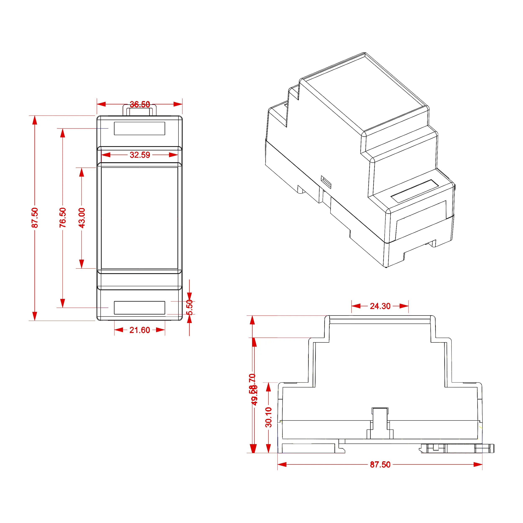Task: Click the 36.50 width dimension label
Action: coord(140,104)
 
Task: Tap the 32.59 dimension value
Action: coord(140,155)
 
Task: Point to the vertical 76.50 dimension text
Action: coord(63,218)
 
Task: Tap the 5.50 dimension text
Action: coord(190,307)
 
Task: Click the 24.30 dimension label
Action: coord(380,306)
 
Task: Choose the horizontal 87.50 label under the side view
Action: coord(380,464)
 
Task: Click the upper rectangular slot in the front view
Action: coord(139,128)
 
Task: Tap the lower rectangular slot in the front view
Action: coord(139,308)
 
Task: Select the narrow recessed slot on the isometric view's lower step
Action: coord(414,191)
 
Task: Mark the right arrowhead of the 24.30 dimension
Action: coord(404,306)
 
